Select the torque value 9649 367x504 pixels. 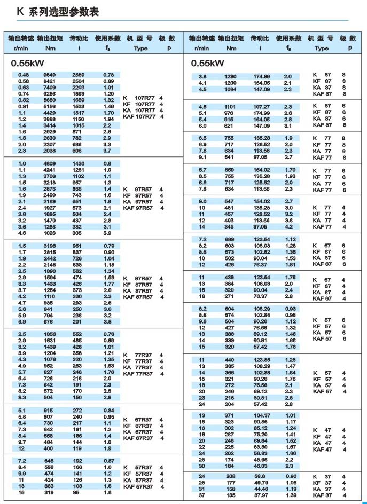[50, 75]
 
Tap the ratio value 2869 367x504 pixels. [79, 75]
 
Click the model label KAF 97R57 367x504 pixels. [138, 208]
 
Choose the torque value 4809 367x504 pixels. [50, 163]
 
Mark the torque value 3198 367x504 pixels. [50, 246]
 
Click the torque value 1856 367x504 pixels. [50, 334]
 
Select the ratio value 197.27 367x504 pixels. [261, 107]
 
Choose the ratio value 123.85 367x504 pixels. [261, 360]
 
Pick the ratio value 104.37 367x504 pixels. [261, 415]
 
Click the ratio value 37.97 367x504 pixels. [261, 495]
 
